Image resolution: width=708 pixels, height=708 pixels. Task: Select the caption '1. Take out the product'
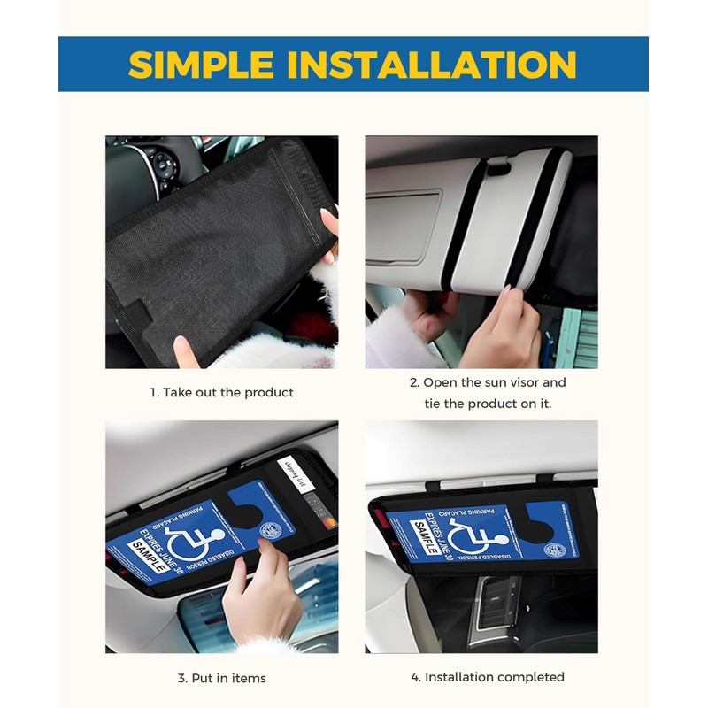coord(221,392)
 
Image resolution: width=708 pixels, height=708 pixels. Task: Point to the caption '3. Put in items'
coord(221,678)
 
